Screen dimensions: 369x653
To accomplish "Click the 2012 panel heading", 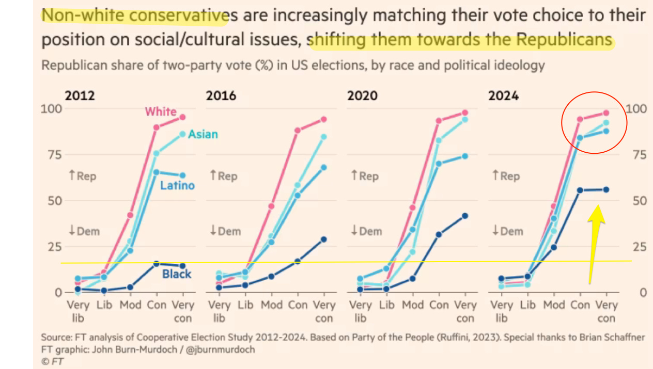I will click(80, 95).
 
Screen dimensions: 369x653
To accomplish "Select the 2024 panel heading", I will click(504, 95).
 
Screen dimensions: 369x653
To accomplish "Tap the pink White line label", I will click(161, 111).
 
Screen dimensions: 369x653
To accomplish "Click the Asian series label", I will click(203, 134).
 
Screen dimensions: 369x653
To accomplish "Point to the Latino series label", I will click(177, 185).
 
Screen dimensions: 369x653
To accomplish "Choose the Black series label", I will click(177, 274).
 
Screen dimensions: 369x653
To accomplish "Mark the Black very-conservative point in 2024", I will click(606, 189).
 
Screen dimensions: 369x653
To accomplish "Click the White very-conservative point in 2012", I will click(182, 117).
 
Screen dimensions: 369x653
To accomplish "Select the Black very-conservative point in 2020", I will click(465, 216).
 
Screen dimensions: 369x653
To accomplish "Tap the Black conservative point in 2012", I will click(157, 264).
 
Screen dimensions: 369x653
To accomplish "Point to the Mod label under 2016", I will click(271, 305).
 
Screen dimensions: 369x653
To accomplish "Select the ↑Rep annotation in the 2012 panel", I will click(82, 176).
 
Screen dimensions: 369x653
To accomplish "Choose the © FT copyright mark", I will click(53, 362).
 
